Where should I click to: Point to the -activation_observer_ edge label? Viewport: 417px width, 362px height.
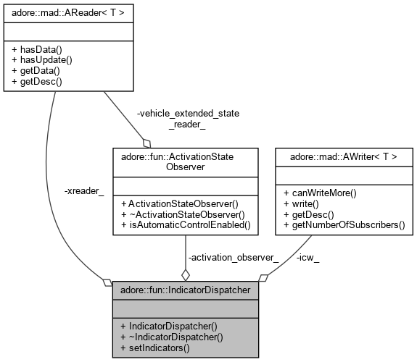tap(234, 257)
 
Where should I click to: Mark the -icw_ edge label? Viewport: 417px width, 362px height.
tap(307, 257)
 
